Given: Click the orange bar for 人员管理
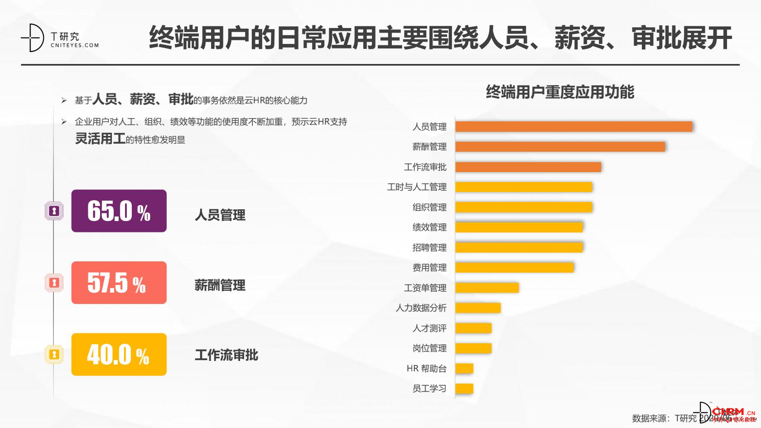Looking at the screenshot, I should [573, 127].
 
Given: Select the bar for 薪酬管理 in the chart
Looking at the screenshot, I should [560, 147].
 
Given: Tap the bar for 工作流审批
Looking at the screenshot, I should [528, 167].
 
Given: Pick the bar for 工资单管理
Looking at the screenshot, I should [487, 288].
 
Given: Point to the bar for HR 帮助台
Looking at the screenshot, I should [464, 368].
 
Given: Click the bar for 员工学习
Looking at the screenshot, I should [464, 389].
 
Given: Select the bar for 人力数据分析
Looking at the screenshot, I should [478, 308].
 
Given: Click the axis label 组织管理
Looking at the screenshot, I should [429, 207].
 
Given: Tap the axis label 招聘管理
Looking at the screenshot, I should [429, 248].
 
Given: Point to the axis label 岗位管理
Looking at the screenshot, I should [429, 348].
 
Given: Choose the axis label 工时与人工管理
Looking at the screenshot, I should [416, 187].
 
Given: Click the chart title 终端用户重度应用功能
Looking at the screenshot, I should [560, 92].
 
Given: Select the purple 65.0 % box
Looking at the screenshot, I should [119, 211].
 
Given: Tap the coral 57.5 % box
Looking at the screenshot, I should [119, 283].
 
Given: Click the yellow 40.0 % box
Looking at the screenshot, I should [119, 355].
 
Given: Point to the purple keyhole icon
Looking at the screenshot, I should [54, 211].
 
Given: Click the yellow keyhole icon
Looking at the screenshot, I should [54, 355].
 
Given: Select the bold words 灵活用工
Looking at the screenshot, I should [100, 139].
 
